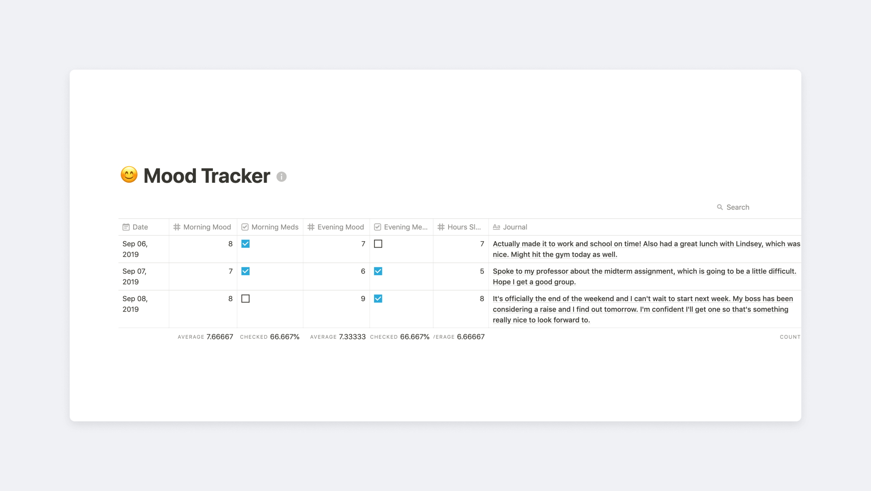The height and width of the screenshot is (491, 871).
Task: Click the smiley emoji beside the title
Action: (129, 175)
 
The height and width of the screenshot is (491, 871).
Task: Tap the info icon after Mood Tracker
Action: (281, 177)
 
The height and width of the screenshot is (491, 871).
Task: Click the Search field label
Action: (738, 207)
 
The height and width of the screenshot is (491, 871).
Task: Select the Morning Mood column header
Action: (202, 227)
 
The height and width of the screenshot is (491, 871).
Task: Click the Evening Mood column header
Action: (336, 227)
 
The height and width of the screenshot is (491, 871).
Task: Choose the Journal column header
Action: (510, 227)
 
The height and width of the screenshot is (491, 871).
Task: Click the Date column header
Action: (135, 227)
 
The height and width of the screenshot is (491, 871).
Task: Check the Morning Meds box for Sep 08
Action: (246, 299)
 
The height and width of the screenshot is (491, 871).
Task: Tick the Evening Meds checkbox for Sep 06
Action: (378, 244)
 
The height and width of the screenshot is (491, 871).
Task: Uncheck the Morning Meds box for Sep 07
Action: (246, 271)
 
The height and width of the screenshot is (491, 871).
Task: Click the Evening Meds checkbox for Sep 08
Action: (378, 299)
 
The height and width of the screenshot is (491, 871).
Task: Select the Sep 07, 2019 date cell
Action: (135, 276)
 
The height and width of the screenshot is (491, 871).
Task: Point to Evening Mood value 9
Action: (363, 299)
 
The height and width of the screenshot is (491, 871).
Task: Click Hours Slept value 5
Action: (482, 271)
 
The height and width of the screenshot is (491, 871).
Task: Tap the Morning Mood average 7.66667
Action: (220, 337)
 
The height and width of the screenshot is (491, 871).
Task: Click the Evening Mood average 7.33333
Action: (352, 337)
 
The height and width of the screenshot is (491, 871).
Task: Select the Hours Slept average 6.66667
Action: (471, 337)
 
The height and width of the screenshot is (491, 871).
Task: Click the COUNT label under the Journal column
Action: (790, 337)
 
